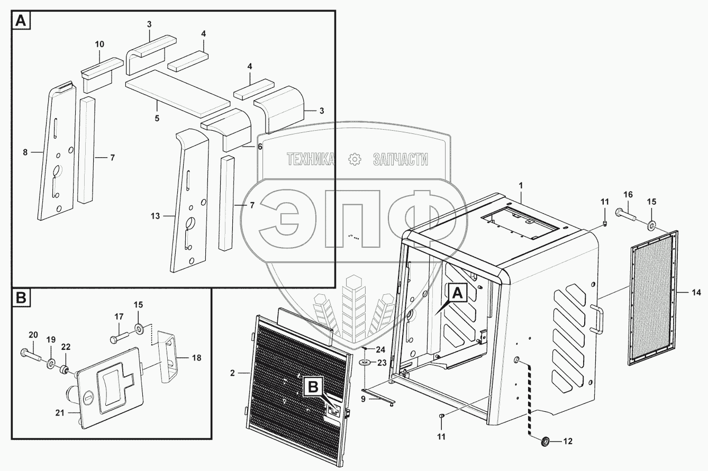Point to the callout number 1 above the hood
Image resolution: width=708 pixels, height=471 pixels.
coord(521,186)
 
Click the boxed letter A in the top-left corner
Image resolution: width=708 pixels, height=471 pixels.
coord(21,21)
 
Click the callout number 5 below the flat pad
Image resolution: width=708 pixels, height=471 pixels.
coord(157,117)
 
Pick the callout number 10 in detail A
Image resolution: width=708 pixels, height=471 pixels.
coord(100,43)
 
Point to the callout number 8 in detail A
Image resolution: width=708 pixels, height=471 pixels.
coord(25,153)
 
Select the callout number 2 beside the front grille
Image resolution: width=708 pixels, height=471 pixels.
coord(232,373)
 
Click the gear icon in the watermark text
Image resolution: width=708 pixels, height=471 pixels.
coord(354,159)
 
